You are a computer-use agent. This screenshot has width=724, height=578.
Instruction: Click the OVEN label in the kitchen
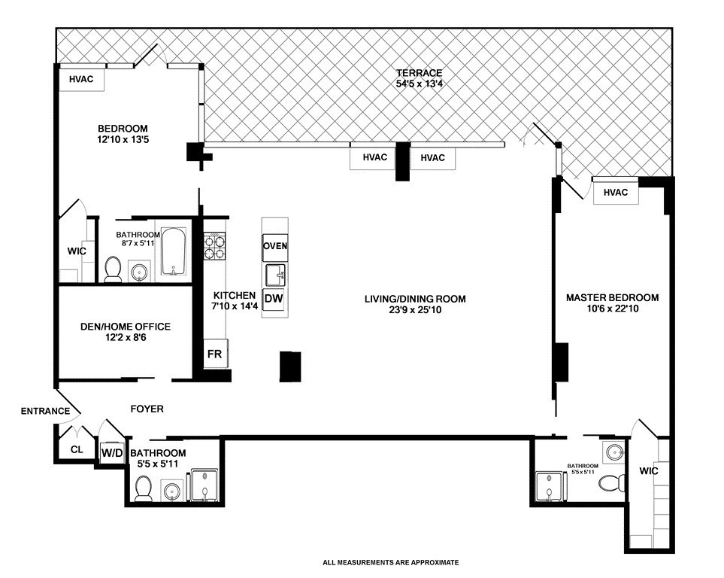(275, 246)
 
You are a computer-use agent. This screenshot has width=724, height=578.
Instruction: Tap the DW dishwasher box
(274, 299)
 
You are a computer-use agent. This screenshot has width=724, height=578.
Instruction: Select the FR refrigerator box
(215, 354)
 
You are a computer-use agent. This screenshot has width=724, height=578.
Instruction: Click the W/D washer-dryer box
(112, 452)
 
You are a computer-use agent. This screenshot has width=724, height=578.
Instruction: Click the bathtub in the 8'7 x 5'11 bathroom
(173, 252)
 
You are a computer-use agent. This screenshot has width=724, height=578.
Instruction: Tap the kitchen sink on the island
(276, 275)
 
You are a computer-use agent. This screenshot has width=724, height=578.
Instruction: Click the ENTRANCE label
(45, 411)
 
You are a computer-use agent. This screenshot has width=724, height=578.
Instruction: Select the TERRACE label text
(420, 72)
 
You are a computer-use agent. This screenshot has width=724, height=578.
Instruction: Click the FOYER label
(147, 409)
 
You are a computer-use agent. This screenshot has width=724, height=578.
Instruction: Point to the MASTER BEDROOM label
(612, 297)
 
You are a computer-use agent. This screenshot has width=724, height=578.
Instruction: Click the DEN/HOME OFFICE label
(126, 327)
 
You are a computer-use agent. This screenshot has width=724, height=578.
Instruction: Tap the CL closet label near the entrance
(77, 449)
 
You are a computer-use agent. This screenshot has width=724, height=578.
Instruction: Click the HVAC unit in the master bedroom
(616, 192)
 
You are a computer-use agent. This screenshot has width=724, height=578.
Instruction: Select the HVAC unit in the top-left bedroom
(81, 79)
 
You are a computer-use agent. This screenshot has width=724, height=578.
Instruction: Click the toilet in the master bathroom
(611, 484)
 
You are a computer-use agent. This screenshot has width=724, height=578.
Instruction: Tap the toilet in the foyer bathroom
(144, 488)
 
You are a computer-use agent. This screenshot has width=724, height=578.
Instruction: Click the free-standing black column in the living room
(290, 367)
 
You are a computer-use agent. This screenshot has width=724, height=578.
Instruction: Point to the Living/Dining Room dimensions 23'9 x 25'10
(415, 310)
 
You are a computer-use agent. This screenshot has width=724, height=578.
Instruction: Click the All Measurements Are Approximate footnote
(391, 563)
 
